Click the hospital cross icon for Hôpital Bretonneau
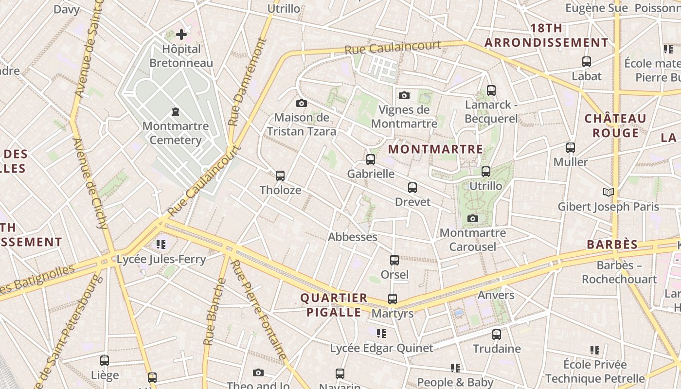[181, 35]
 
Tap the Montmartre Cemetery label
[176, 133]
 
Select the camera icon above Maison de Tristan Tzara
[302, 103]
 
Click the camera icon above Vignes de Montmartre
[404, 95]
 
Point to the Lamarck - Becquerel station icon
[491, 90]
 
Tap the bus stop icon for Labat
[587, 62]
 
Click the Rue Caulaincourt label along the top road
[393, 48]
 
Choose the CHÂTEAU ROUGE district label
[615, 125]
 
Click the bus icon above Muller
[571, 147]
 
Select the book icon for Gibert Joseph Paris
[609, 192]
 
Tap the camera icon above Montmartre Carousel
[473, 218]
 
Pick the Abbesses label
[353, 237]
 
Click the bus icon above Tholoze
[280, 176]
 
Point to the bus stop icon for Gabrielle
[371, 159]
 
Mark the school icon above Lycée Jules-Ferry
[161, 244]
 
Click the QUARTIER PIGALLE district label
[334, 305]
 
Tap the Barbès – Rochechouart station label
[619, 272]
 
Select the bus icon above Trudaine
[497, 335]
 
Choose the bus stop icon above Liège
[105, 361]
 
